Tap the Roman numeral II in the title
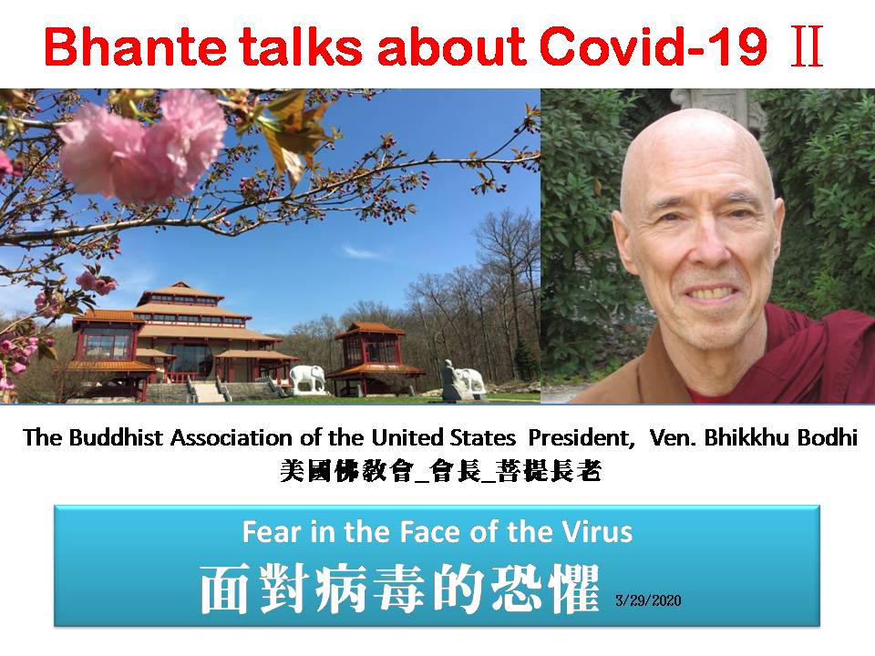807,46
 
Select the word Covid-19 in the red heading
654,46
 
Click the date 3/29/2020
648,600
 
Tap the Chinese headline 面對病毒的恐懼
399,589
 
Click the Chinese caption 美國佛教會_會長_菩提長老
440,471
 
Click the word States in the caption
487,438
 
